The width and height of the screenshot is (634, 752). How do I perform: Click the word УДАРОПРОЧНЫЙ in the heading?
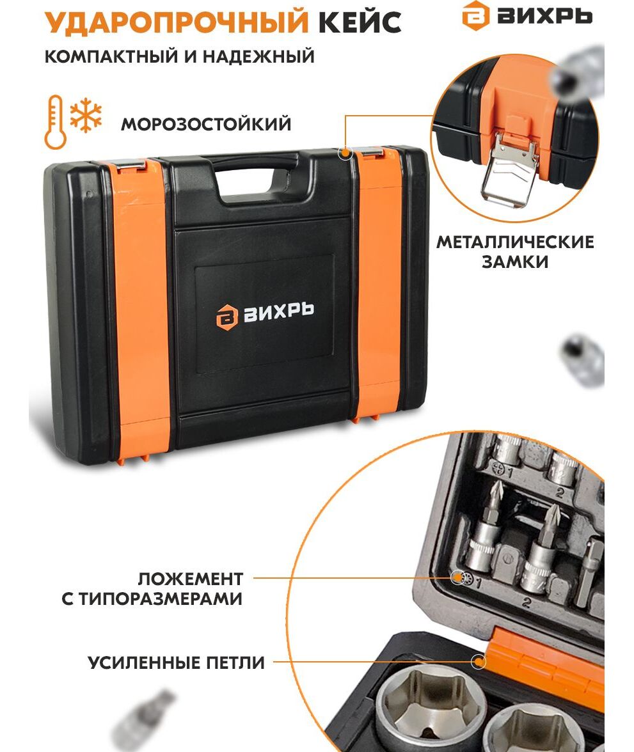(x=176, y=22)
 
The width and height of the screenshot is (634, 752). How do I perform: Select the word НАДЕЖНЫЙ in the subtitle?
(x=258, y=56)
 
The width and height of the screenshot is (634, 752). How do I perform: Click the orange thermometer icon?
(x=55, y=121)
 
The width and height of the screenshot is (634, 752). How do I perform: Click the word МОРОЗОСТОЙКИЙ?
(x=206, y=124)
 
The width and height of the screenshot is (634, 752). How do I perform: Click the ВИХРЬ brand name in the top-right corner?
(x=544, y=16)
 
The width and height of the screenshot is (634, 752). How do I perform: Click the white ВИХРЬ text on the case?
(x=279, y=312)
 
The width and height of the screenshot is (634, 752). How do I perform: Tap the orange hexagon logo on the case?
(x=226, y=317)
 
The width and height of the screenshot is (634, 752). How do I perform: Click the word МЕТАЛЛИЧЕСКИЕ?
(x=515, y=242)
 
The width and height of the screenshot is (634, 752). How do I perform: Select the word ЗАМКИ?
(x=515, y=262)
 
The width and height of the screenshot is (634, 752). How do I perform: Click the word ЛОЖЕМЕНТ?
(x=191, y=579)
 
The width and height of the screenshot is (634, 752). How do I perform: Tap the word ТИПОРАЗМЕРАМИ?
(x=161, y=599)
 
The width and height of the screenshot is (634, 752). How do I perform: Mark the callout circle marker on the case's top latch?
(x=345, y=153)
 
